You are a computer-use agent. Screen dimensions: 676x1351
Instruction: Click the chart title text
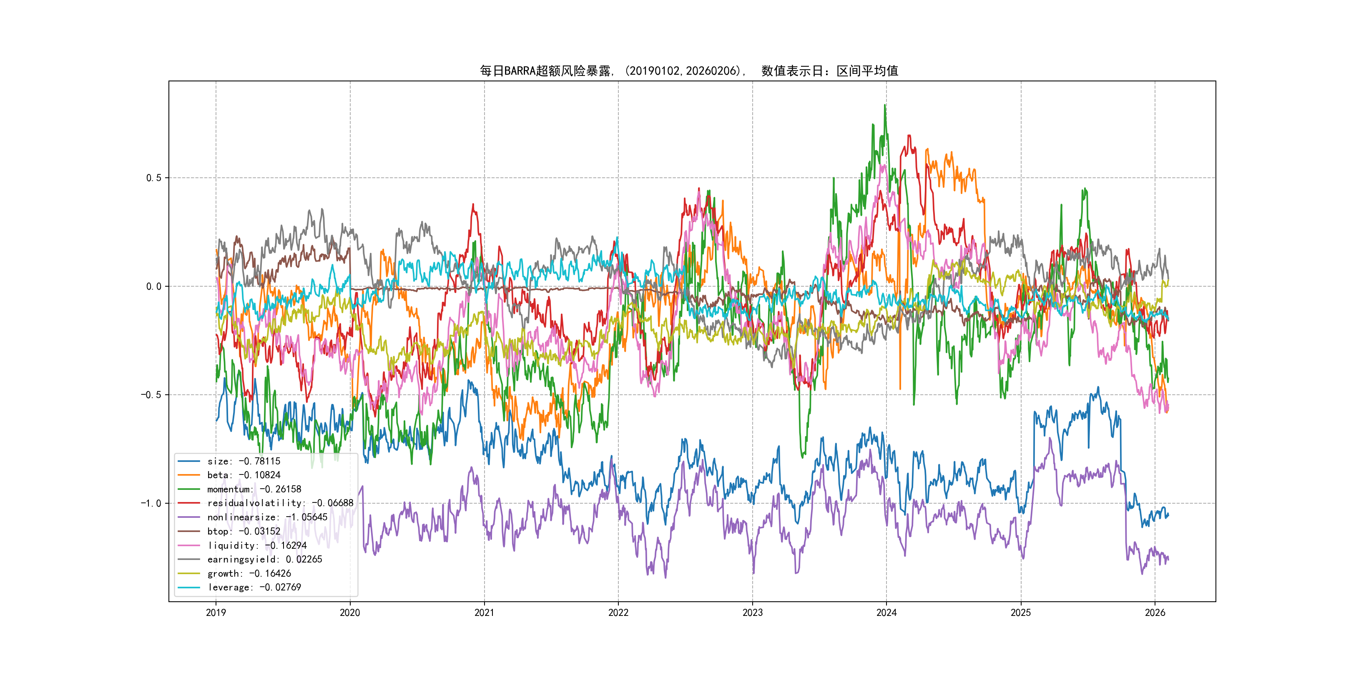688,71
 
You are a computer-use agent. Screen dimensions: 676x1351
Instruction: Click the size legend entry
244,462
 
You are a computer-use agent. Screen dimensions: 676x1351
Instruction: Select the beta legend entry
244,475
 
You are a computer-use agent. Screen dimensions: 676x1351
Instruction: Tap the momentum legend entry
254,489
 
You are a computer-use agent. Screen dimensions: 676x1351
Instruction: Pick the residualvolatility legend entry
280,503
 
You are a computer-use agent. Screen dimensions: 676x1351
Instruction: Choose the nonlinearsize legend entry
267,517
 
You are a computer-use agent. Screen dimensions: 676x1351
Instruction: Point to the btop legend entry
244,531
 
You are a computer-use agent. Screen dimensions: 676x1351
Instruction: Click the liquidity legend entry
256,545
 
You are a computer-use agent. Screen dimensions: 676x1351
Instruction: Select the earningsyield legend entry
264,560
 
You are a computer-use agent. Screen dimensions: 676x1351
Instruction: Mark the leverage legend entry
254,587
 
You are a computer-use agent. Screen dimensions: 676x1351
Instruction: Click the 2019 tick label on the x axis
216,613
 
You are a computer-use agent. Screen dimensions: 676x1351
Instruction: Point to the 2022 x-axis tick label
618,613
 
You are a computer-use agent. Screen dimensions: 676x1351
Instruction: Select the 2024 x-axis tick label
886,613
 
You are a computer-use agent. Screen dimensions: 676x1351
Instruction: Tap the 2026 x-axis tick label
1155,613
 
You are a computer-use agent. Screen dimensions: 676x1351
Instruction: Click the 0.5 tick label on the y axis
154,178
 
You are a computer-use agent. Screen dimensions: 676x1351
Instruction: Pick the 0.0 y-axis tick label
154,287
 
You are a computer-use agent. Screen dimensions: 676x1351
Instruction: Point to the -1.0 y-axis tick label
151,503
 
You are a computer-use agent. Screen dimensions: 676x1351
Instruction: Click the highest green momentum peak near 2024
885,105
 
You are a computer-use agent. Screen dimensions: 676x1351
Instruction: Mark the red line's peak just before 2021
473,205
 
